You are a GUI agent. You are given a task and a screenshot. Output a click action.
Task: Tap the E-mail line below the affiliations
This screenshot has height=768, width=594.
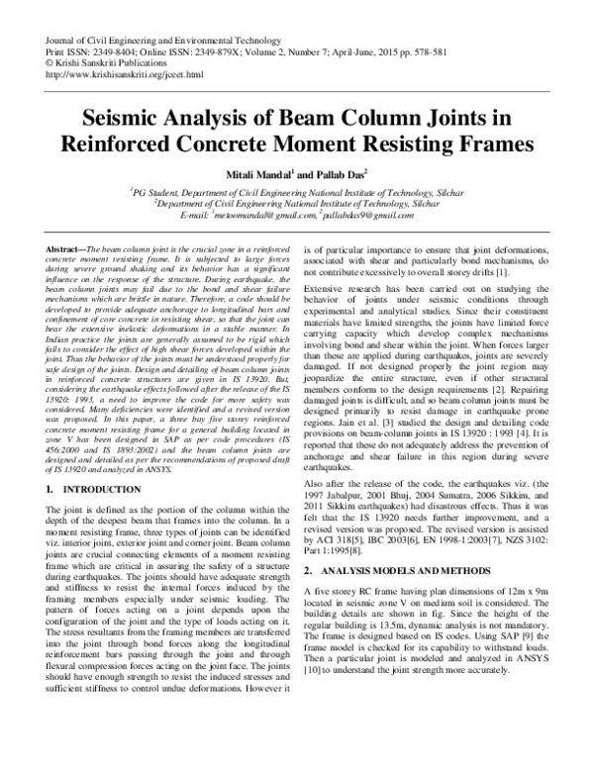click(x=297, y=215)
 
